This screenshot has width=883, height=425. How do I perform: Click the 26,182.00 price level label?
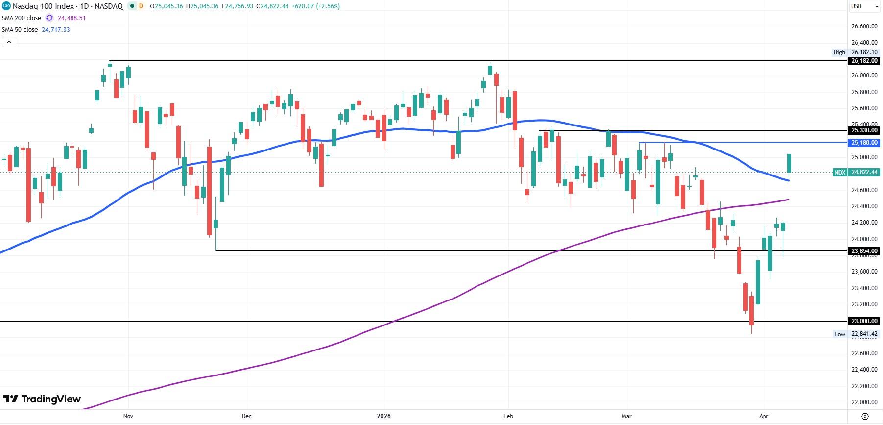[x=864, y=61]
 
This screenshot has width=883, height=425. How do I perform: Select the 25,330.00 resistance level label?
[x=864, y=130]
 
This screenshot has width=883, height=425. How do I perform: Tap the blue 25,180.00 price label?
[x=864, y=143]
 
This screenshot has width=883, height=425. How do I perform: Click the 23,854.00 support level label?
[x=864, y=251]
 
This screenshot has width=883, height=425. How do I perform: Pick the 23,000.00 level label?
[x=864, y=321]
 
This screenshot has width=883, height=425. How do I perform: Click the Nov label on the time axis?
[x=128, y=416]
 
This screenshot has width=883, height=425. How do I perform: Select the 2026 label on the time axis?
[x=384, y=416]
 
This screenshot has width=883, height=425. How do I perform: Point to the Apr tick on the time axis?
[x=764, y=416]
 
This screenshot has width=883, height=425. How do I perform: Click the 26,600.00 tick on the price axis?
[x=864, y=26]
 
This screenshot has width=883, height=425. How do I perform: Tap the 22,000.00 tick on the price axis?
[x=864, y=402]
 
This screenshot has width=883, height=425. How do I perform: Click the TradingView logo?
[x=42, y=399]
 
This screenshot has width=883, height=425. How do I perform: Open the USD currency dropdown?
[x=864, y=6]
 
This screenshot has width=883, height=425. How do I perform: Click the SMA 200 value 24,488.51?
[x=72, y=18]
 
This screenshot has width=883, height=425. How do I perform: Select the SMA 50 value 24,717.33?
[x=56, y=30]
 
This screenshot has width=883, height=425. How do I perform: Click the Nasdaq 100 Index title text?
[x=44, y=6]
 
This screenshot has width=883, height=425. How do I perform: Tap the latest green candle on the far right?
[x=789, y=163]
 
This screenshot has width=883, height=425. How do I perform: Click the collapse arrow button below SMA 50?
[x=9, y=42]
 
